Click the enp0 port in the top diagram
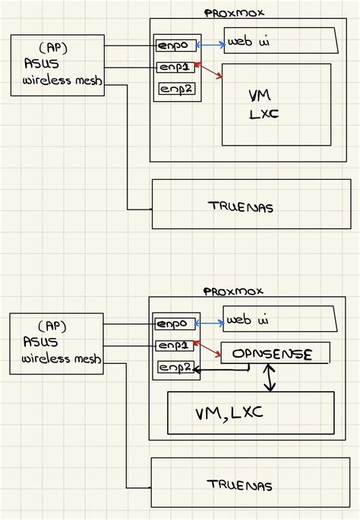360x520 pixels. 176,46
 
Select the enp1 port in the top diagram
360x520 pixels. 176,68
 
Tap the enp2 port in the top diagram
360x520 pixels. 176,90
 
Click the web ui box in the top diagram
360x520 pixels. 280,43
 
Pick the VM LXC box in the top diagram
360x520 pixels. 276,104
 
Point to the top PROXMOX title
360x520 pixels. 234,13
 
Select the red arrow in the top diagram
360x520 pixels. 210,72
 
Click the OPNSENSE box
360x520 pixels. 275,354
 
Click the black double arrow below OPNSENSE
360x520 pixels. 269,377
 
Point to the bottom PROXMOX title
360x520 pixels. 232,292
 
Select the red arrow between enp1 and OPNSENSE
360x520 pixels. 208,349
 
